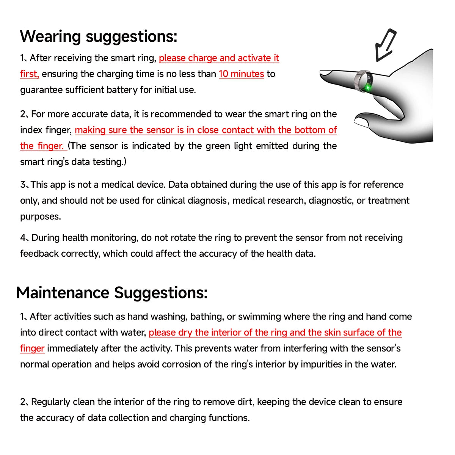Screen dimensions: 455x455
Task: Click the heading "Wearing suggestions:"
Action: click(x=98, y=37)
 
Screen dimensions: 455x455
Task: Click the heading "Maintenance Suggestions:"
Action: click(x=112, y=293)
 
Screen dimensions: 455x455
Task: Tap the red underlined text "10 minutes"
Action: click(x=241, y=74)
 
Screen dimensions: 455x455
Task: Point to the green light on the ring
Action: click(x=367, y=88)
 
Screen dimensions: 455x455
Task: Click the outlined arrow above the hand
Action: click(x=384, y=45)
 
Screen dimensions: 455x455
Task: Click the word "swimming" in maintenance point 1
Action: click(x=259, y=317)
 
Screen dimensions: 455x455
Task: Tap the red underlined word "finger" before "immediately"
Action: click(x=32, y=348)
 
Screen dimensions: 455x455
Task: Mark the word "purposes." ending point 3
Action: click(x=40, y=217)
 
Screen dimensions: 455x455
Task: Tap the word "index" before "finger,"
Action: click(x=31, y=130)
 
